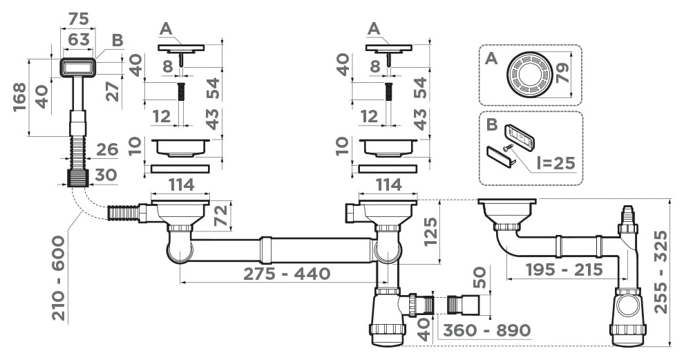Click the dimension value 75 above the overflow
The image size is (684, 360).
point(79,19)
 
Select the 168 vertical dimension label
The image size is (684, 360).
point(20,97)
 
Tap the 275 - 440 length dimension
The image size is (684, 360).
point(287,274)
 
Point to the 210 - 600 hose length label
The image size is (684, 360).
point(58,278)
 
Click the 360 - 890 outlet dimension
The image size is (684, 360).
point(487,330)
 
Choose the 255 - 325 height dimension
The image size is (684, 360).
point(661,272)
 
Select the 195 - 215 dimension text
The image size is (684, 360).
point(564,269)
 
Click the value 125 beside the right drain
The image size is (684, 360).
point(430,231)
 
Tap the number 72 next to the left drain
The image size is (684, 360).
point(221,215)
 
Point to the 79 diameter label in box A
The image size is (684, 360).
point(562,73)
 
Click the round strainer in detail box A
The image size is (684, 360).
point(529,75)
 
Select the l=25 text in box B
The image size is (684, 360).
point(556,163)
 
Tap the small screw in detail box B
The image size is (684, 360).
point(507,149)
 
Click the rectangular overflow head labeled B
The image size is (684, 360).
point(77,68)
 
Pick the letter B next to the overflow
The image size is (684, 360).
point(117,40)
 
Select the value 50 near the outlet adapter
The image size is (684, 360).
point(479,278)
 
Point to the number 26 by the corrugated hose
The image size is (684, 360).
point(107,149)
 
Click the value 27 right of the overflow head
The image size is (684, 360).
point(113,92)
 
